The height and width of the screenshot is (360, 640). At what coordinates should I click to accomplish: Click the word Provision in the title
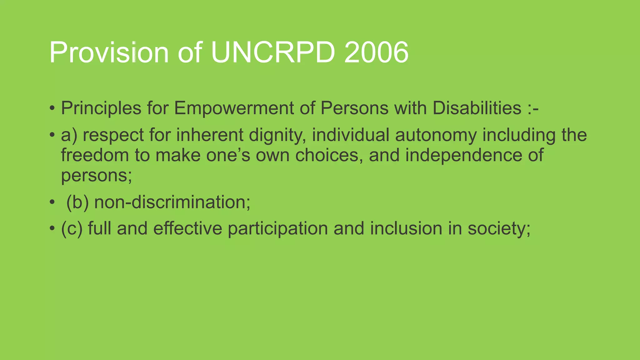coord(109,52)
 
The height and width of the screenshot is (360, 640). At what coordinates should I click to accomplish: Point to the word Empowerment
coord(234,109)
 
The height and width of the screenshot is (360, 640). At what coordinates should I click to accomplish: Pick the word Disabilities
coord(477,108)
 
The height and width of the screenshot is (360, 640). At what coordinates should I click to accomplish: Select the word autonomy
coord(436,136)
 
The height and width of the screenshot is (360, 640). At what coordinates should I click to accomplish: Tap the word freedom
coord(95,155)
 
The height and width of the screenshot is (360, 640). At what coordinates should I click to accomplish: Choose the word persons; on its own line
coord(96,176)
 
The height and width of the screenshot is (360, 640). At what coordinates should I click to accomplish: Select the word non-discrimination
coord(172,202)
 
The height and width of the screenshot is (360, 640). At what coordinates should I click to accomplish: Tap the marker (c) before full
coord(72,228)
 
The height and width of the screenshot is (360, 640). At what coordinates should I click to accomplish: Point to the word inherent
coord(209,135)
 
